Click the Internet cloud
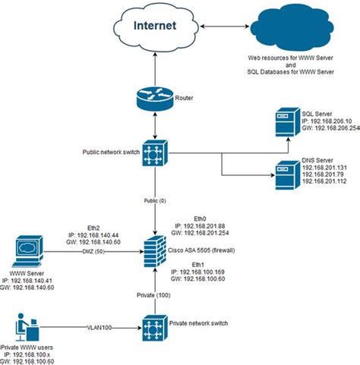156,26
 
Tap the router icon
156,99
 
